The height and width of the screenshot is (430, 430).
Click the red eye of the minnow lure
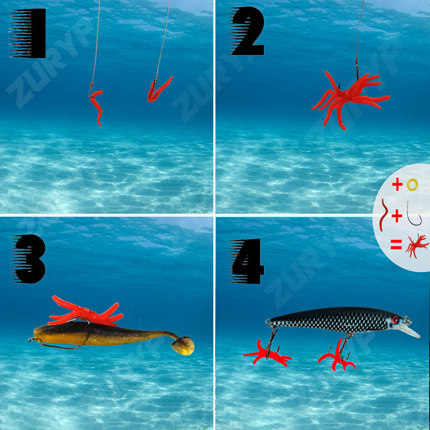(x=395, y=320)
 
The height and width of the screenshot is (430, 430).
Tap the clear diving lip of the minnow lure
(x=411, y=331)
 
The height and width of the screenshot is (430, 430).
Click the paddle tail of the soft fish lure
(x=183, y=346)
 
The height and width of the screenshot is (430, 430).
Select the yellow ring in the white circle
(x=412, y=185)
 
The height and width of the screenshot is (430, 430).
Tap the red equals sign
(x=396, y=244)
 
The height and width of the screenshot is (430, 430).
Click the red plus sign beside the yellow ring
(x=397, y=184)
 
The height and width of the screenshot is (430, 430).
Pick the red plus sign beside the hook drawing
(x=397, y=216)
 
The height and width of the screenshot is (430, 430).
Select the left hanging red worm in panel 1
(x=97, y=105)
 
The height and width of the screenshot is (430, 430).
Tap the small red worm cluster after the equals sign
(x=416, y=246)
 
